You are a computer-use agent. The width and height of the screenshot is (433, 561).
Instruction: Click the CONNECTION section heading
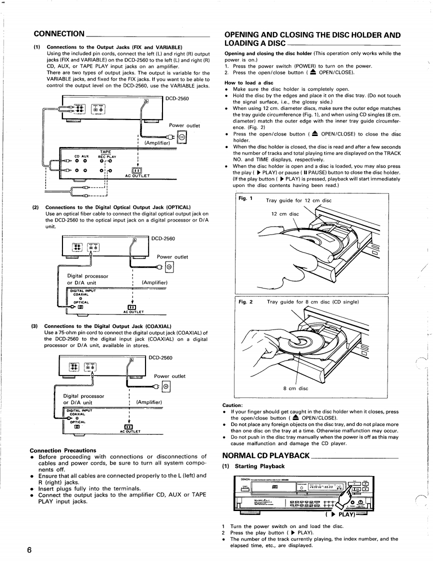58,33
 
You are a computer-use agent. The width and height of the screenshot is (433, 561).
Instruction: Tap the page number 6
29,550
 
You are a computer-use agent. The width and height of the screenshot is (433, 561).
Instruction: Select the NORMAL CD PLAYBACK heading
266,455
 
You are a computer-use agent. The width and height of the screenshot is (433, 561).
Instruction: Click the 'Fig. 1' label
244,198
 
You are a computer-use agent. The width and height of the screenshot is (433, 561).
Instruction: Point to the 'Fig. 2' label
244,302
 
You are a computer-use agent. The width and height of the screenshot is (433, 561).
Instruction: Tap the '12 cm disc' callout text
285,214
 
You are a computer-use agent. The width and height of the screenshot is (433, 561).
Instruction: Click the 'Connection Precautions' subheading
63,450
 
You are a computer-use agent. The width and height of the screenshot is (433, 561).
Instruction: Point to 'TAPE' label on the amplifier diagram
105,151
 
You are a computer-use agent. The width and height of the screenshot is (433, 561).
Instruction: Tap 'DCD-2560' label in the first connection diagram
177,98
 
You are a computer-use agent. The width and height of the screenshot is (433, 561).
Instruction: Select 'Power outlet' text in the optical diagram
172,257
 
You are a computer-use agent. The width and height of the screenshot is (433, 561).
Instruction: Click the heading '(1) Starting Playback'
253,466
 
